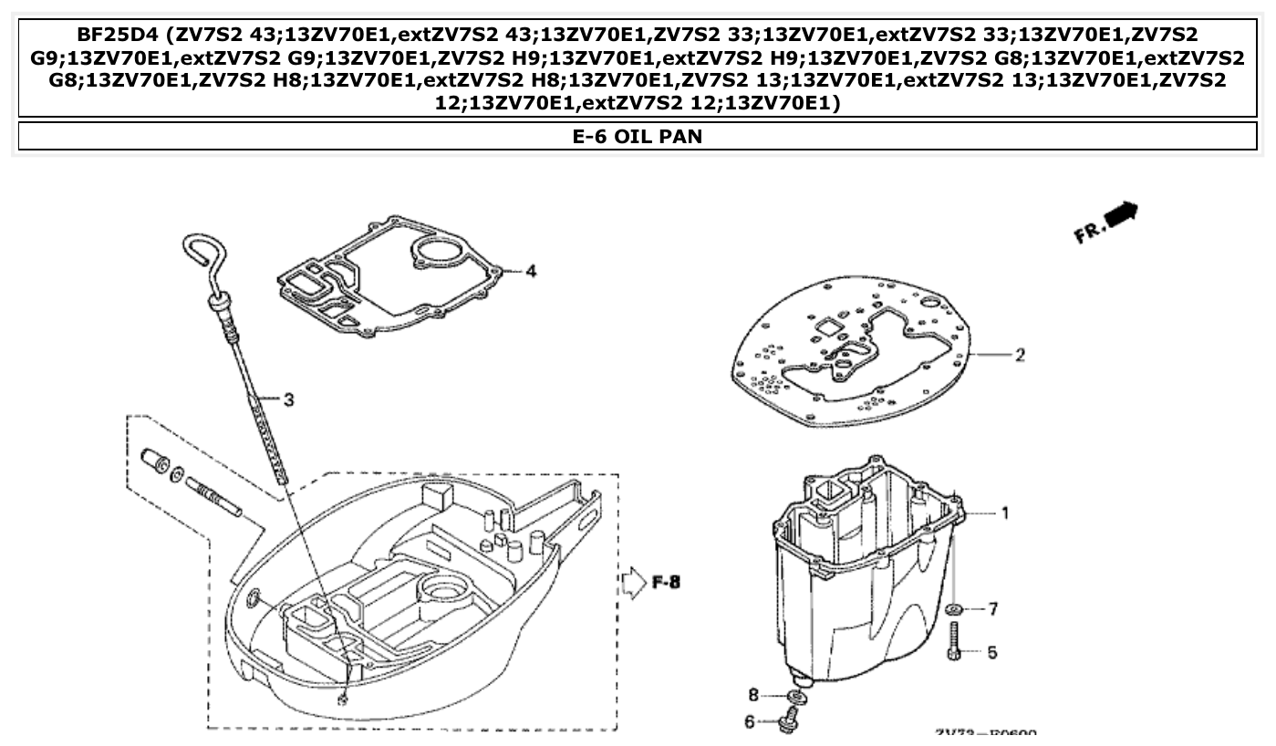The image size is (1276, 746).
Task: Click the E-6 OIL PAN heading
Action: [x=637, y=137]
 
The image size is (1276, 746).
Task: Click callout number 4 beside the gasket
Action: [x=531, y=271]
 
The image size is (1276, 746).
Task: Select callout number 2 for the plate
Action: [x=1019, y=355]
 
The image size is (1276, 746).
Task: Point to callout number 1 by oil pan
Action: [x=1005, y=513]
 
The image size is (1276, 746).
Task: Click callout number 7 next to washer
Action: [x=993, y=608]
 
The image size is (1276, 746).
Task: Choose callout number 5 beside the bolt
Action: [x=992, y=652]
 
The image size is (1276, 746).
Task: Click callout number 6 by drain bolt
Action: [x=750, y=721]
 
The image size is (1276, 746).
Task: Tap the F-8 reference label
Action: [x=666, y=582]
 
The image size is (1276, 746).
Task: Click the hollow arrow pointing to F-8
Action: [x=633, y=582]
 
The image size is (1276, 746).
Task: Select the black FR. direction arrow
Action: [x=1121, y=213]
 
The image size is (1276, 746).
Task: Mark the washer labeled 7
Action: [x=955, y=609]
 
